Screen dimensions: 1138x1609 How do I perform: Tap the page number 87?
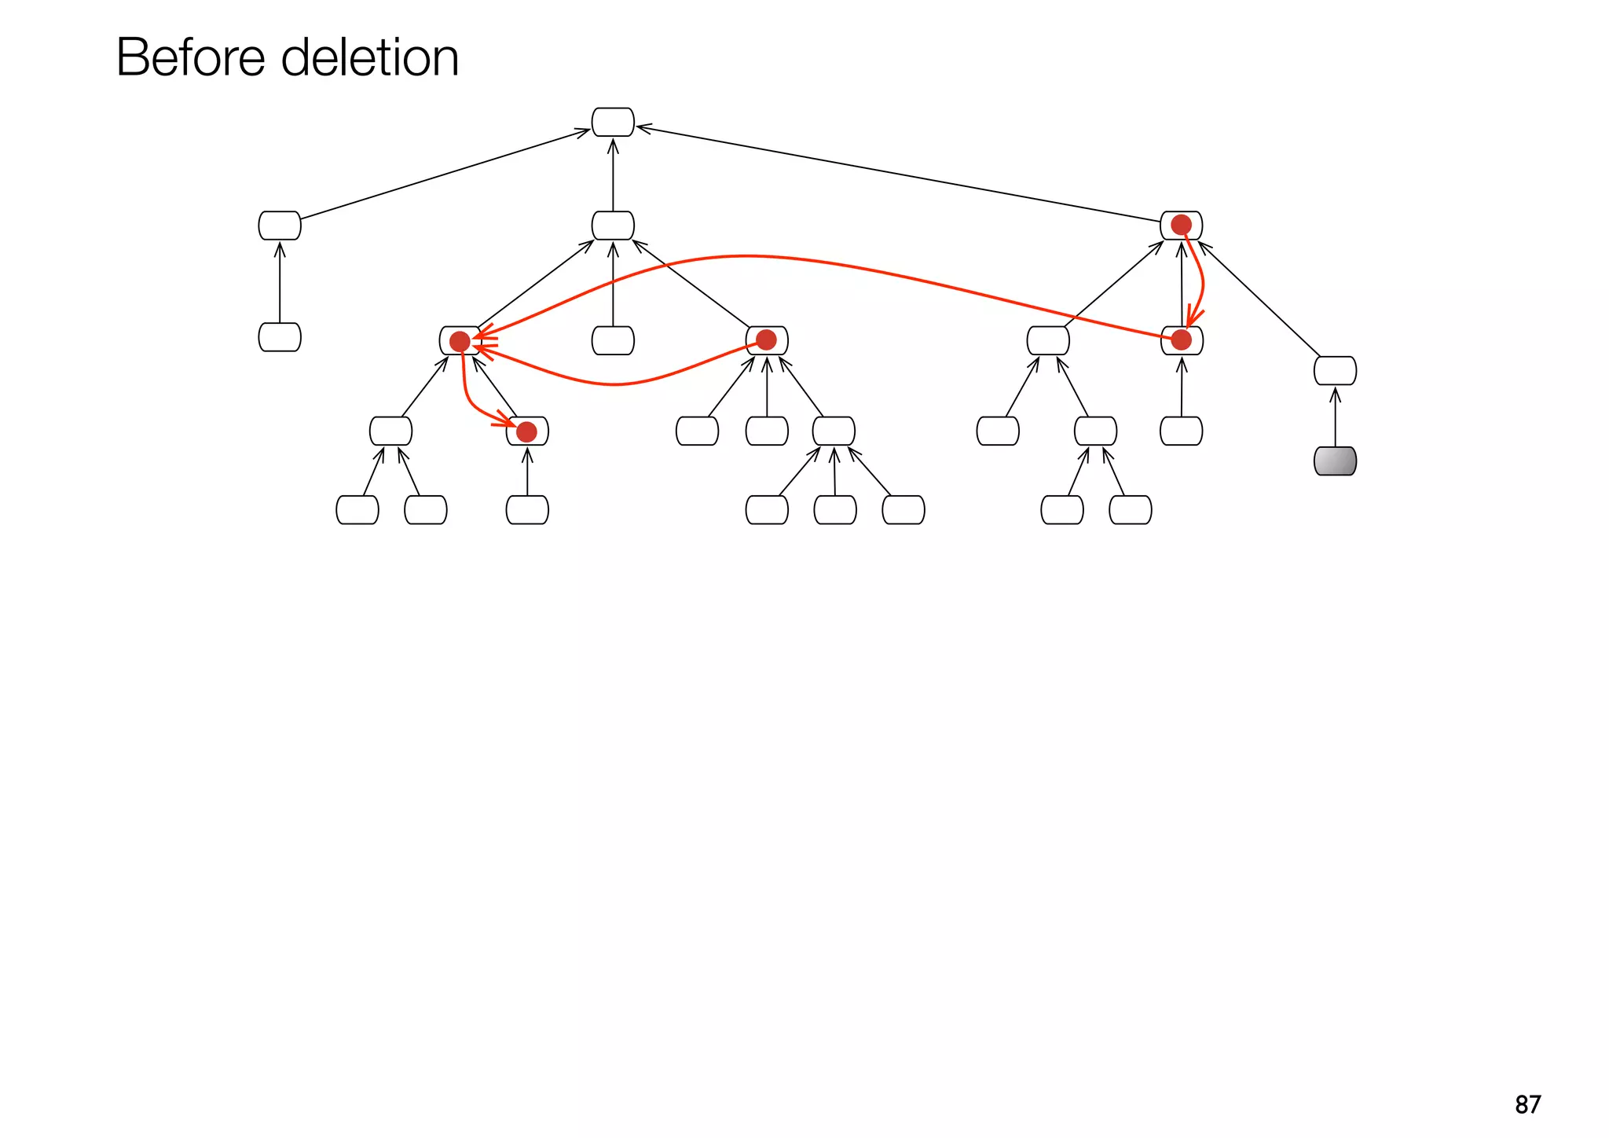(x=1527, y=1104)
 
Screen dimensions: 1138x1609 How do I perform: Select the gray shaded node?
(x=1335, y=461)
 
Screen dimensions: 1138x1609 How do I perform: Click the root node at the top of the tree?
(x=613, y=123)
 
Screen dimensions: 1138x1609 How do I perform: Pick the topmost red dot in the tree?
(x=1181, y=225)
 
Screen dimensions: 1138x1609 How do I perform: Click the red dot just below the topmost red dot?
(x=1181, y=340)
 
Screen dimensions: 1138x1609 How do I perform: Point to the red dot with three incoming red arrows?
(x=460, y=341)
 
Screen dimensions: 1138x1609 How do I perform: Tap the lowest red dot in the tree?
(x=526, y=431)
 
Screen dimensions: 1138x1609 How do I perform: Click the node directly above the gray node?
(x=1335, y=371)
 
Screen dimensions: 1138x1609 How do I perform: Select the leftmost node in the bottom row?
(x=357, y=510)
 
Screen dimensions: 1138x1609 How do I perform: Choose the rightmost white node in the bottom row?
(x=1131, y=510)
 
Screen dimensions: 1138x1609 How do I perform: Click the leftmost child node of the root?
(x=280, y=226)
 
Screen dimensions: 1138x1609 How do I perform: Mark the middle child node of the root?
(x=613, y=226)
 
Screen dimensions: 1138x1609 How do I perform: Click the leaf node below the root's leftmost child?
(x=280, y=337)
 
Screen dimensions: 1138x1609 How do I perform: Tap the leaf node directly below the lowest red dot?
(x=527, y=510)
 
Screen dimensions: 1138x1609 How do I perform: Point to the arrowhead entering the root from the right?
(x=643, y=127)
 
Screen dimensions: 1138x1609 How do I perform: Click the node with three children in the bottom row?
(x=834, y=431)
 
